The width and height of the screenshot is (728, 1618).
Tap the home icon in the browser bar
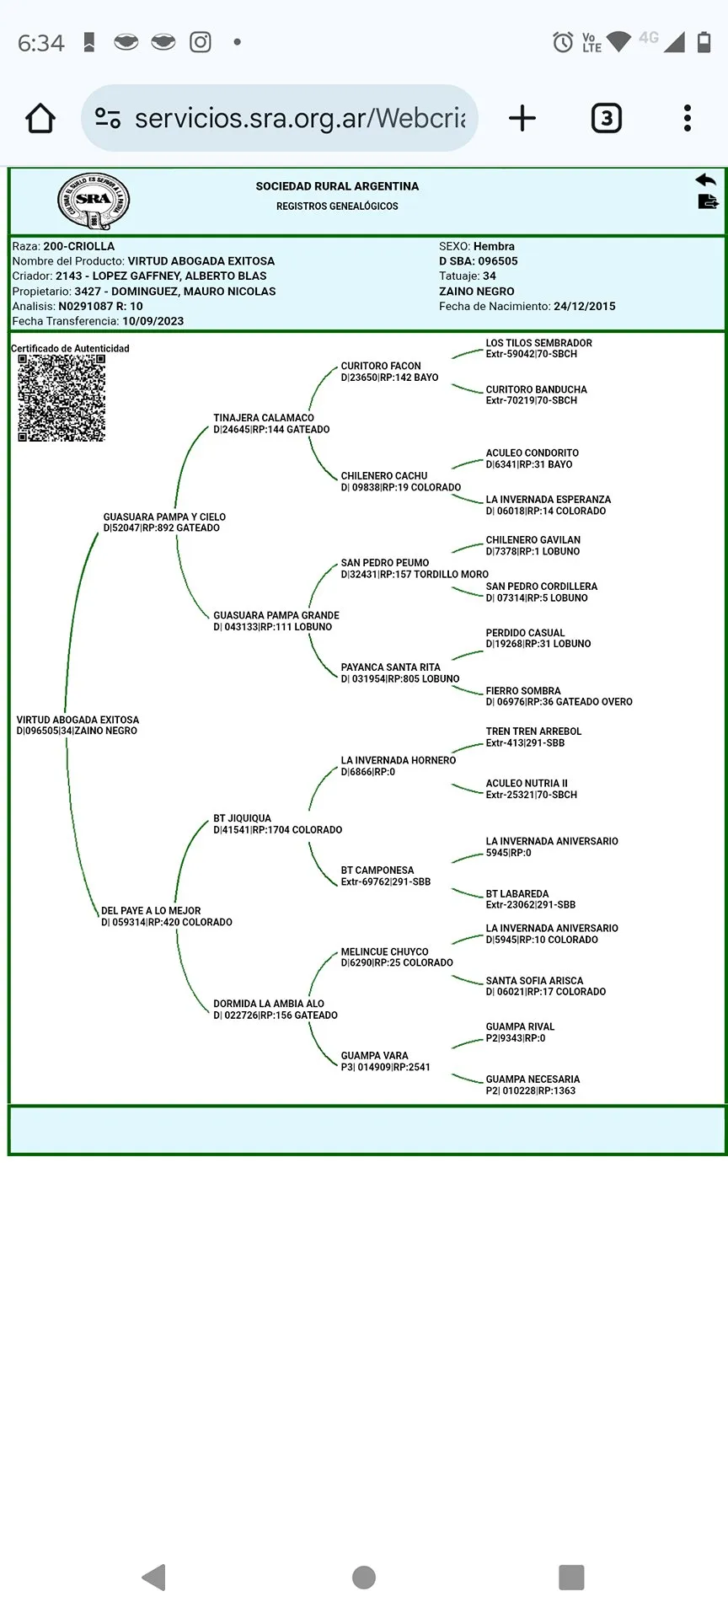[40, 118]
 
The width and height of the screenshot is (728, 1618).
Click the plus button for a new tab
[522, 118]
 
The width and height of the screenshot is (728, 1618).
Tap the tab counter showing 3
[606, 118]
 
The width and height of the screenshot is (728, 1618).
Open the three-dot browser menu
[688, 118]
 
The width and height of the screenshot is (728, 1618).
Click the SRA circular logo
[94, 201]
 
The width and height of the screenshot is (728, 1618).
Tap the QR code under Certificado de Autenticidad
[62, 398]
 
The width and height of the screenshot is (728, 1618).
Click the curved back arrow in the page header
[705, 179]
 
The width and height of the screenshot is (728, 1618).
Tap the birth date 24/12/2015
[584, 306]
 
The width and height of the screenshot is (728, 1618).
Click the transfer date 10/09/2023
[153, 321]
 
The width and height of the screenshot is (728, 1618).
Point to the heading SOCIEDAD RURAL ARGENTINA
[337, 186]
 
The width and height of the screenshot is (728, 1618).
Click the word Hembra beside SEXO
[494, 246]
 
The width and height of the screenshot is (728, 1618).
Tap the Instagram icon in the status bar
[201, 42]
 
